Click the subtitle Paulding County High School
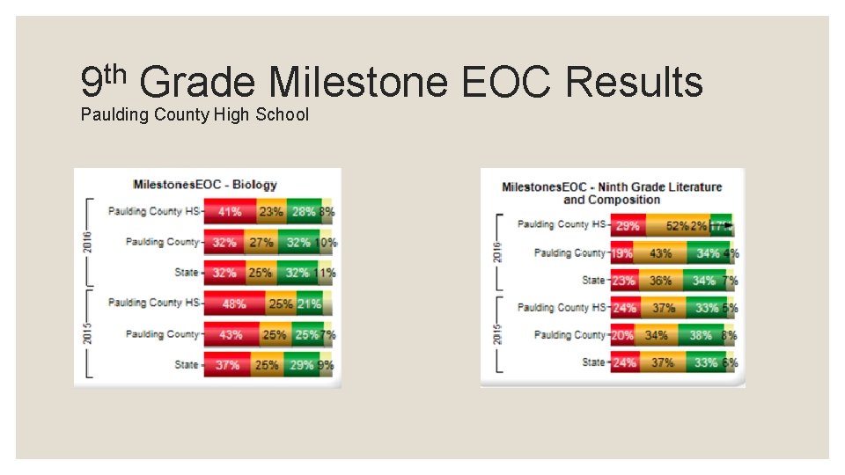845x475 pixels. pyautogui.click(x=195, y=114)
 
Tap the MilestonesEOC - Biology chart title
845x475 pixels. pyautogui.click(x=205, y=185)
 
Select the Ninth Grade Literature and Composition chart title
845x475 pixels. pyautogui.click(x=611, y=193)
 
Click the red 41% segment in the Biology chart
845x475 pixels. pyautogui.click(x=230, y=212)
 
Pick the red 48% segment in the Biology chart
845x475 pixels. pyautogui.click(x=234, y=303)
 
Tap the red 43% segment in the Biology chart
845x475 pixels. pyautogui.click(x=231, y=335)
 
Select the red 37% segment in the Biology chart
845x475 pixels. pyautogui.click(x=227, y=365)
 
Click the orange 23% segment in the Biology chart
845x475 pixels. pyautogui.click(x=271, y=212)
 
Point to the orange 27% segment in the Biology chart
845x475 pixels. pyautogui.click(x=261, y=243)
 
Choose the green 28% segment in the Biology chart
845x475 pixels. pyautogui.click(x=304, y=212)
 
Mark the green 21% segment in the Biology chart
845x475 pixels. pyautogui.click(x=309, y=303)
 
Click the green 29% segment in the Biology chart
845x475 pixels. pyautogui.click(x=301, y=365)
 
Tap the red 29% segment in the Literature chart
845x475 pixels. pyautogui.click(x=628, y=226)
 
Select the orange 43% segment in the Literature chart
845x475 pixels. pyautogui.click(x=660, y=253)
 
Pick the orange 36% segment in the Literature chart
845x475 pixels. pyautogui.click(x=660, y=281)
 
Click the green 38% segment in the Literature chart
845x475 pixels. pyautogui.click(x=701, y=335)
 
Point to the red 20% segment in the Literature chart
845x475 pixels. pyautogui.click(x=622, y=335)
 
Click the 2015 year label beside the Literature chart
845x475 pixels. pyautogui.click(x=497, y=335)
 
